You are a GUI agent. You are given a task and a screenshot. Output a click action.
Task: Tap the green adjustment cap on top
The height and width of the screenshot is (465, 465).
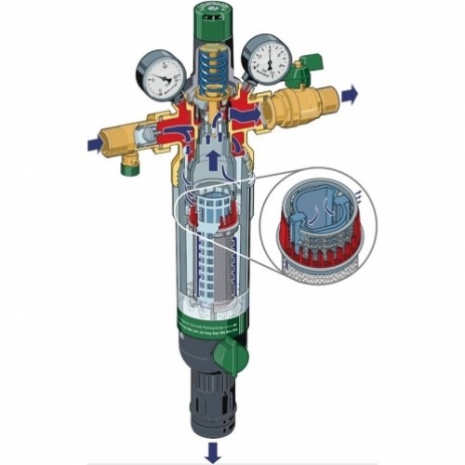[226, 20]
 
